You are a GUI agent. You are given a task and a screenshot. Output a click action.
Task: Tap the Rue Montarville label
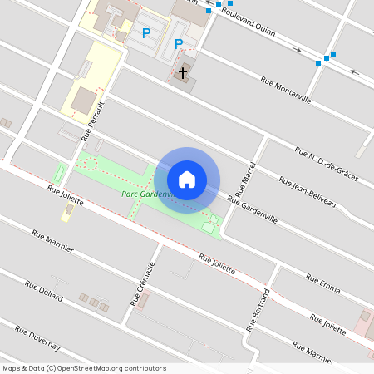pos(286,90)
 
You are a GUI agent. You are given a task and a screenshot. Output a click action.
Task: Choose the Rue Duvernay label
pos(37,337)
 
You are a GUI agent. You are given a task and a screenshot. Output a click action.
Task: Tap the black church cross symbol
pos(183,71)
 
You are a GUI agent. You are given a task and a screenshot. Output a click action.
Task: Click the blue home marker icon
pos(187,180)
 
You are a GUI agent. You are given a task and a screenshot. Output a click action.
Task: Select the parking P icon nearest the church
pos(178,43)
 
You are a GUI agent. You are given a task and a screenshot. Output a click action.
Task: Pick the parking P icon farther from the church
pos(146,33)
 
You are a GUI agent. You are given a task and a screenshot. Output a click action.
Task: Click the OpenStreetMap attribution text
pos(84,368)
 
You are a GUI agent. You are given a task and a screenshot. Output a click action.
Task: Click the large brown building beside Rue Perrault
pos(83,101)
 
